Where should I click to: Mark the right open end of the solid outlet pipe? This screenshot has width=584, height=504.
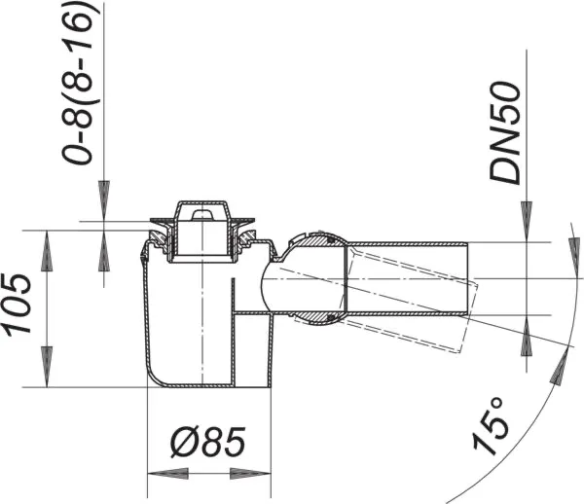(468, 277)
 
